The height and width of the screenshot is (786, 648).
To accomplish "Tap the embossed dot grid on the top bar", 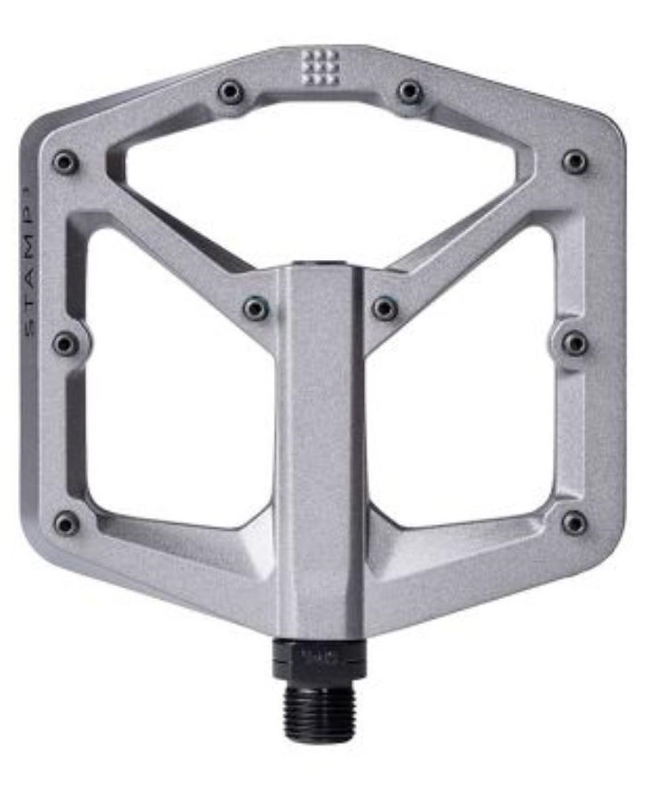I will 319,66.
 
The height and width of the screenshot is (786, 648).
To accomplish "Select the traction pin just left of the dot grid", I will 231,91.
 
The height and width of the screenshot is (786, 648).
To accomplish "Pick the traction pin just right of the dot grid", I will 409,91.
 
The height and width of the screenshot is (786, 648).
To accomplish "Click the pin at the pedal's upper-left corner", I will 65,162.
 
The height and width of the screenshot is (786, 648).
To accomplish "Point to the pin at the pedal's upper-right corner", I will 575,162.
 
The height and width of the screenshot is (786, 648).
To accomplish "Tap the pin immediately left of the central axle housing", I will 256,308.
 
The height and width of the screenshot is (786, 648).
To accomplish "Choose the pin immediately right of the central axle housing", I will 385,308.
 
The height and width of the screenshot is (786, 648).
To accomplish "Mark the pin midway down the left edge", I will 65,343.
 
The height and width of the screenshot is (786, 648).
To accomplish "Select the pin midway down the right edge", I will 575,343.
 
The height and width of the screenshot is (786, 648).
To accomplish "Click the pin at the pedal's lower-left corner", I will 65,523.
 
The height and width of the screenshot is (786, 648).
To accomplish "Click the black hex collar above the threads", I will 321,658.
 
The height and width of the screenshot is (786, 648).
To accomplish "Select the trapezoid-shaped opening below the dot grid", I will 321,171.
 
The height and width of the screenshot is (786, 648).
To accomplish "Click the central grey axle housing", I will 320,450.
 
